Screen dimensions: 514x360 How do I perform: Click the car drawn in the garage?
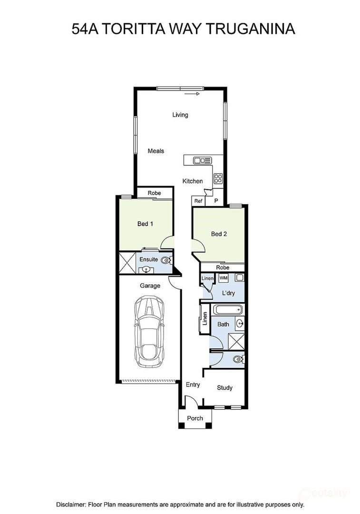(x=149, y=332)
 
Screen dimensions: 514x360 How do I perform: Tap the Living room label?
(x=180, y=115)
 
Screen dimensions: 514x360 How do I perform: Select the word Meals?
(x=156, y=151)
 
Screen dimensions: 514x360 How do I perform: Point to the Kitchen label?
(x=193, y=181)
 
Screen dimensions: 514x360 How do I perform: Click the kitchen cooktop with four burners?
(x=218, y=178)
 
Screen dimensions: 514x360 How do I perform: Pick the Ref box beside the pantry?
(x=198, y=201)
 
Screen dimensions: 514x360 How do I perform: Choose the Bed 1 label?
(x=145, y=223)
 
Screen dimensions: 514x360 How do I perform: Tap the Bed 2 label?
(x=218, y=234)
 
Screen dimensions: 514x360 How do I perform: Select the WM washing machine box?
(x=224, y=278)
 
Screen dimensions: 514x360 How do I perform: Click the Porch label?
(x=195, y=418)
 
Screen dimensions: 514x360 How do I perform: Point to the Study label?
(x=224, y=388)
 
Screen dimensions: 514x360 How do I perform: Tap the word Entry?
(x=193, y=385)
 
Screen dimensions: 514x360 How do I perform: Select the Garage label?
(x=150, y=286)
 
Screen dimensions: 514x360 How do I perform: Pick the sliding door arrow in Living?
(x=193, y=94)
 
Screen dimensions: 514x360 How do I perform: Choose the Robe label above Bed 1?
(x=154, y=193)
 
